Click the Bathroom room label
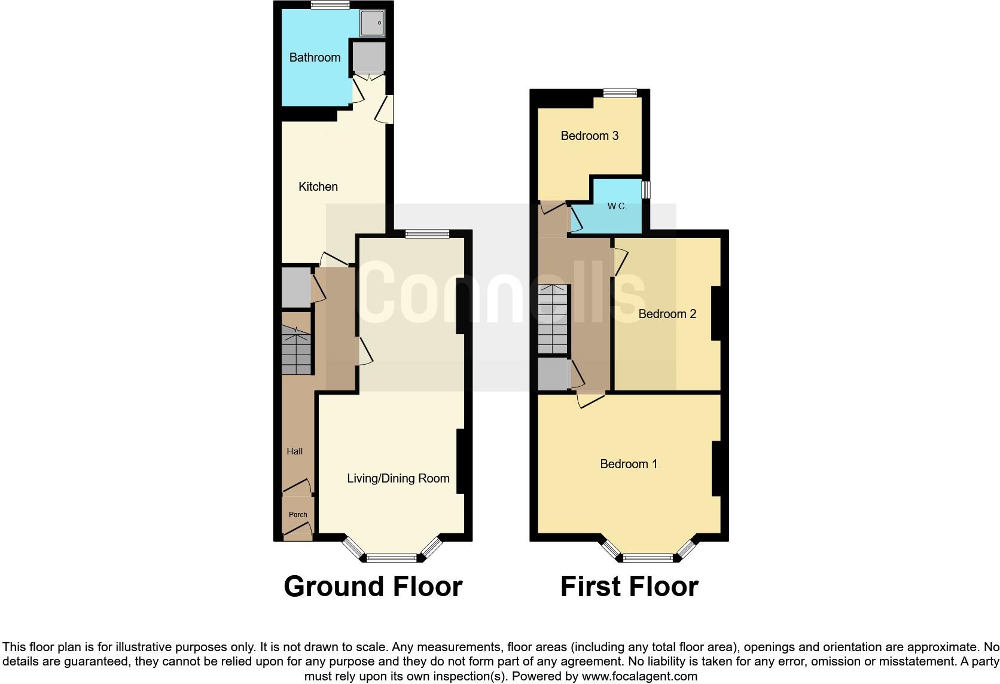coord(315,57)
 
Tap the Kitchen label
coord(318,187)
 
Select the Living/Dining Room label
coord(398,478)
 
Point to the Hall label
coord(294,451)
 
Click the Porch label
coord(298,515)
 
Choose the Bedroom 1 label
coord(629,464)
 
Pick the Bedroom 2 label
coord(667,314)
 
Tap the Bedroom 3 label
coord(589,136)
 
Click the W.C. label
coord(617,206)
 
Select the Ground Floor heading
coord(373,587)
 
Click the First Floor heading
coord(629,587)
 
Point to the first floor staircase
coord(552,320)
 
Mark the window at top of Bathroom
coord(330,5)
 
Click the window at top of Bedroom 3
coord(620,93)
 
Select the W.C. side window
coord(646,190)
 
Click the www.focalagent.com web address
coord(639,677)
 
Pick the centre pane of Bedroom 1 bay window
coord(648,558)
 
